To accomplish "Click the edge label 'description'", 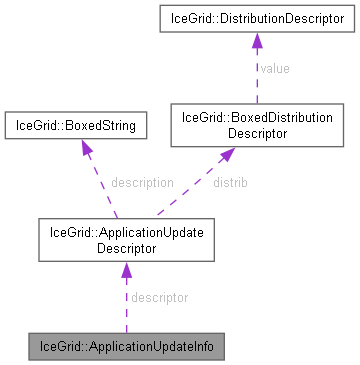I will pyautogui.click(x=142, y=183).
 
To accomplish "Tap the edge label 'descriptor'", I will pyautogui.click(x=160, y=297).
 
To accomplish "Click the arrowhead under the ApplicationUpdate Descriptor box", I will pyautogui.click(x=126, y=270).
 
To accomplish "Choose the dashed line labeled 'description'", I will pyautogui.click(x=104, y=190).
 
